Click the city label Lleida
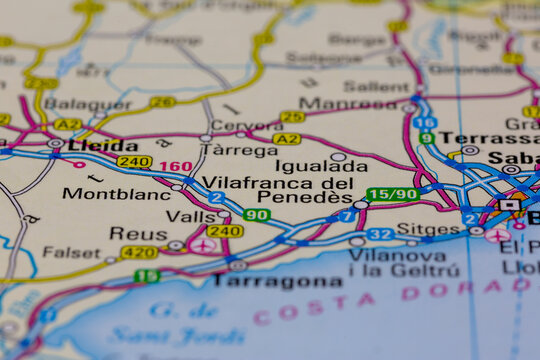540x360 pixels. pos(104,144)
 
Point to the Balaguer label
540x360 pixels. pos(87,103)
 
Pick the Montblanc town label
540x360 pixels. pos(116,193)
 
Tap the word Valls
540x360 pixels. pos(190,216)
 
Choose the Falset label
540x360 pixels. pos(71,253)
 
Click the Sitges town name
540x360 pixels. pos(428,228)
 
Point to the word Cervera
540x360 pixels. pos(244,127)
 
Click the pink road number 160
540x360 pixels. pos(175,166)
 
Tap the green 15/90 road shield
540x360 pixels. pos(392,194)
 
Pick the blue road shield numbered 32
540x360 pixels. pos(379,234)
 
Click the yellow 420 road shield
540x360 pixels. pos(139,252)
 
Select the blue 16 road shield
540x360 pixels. pos(424,122)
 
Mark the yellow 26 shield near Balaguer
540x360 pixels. pos(162,101)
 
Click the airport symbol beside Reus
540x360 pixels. pos(202,245)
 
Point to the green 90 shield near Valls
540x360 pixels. pos(256,215)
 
